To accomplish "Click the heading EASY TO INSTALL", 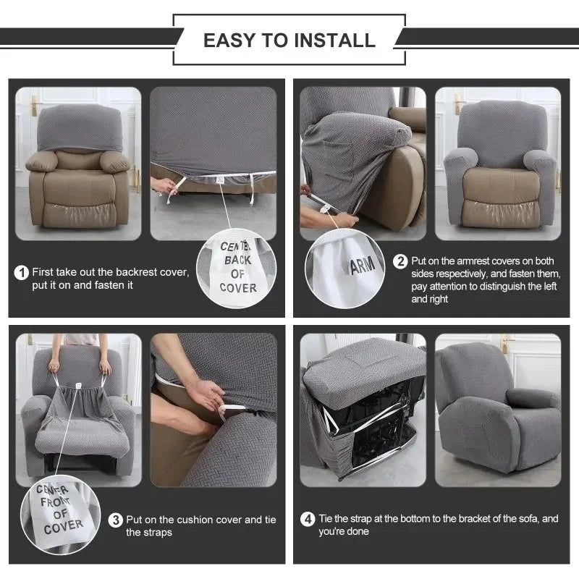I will [x=289, y=40].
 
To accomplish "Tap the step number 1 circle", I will [x=22, y=273].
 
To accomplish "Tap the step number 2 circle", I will [x=400, y=261].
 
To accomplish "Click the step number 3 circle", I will [x=116, y=520].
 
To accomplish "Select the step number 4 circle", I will [x=307, y=519].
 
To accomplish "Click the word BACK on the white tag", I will [x=237, y=259].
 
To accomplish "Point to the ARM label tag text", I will [x=363, y=265].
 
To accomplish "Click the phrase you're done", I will [x=344, y=531].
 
